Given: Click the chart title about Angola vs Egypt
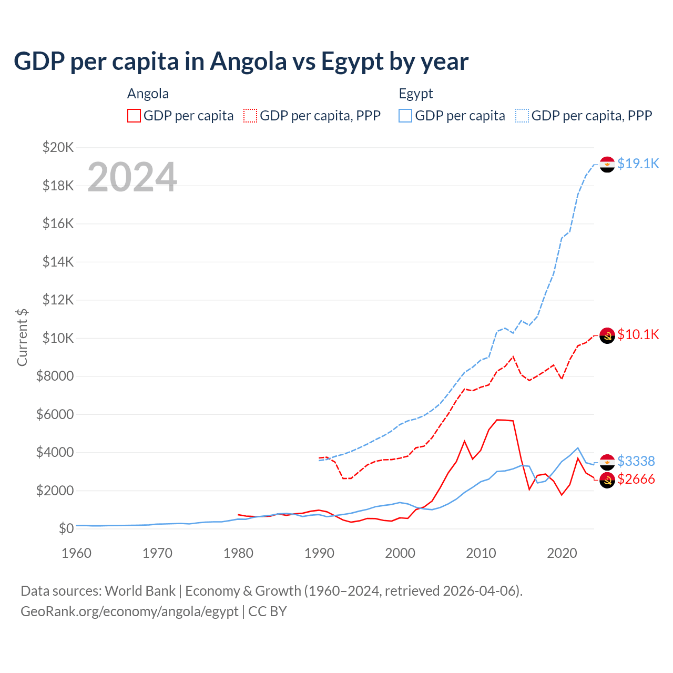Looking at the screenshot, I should coord(241,62).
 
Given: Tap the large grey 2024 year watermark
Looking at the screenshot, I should coord(132,177).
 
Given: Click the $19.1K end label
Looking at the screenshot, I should coord(638,164).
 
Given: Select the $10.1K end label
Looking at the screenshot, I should coord(638,334).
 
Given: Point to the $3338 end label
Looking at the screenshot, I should coord(636,461).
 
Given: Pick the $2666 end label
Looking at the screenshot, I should coord(636,479).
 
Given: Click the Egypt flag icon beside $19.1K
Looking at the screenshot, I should coord(607,164).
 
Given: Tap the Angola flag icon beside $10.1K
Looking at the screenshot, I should coord(607,335).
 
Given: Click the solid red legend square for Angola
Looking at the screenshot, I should coord(134,116).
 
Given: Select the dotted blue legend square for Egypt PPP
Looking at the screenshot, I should coord(522,116).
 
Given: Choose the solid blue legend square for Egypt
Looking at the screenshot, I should coord(405,116).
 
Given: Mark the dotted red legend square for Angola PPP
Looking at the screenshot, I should coord(250,116).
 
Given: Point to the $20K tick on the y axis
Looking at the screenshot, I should coord(58,147).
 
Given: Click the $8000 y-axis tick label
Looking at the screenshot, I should coord(55,376).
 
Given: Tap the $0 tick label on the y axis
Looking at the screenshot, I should coord(66,528).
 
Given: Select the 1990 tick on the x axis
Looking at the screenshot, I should coord(319,553).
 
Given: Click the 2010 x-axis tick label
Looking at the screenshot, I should coord(481,553).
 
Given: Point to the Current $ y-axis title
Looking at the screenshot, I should coord(22,338).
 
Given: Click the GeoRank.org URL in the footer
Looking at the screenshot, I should coord(129,611).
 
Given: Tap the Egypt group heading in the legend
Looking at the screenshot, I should coord(415,94).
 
